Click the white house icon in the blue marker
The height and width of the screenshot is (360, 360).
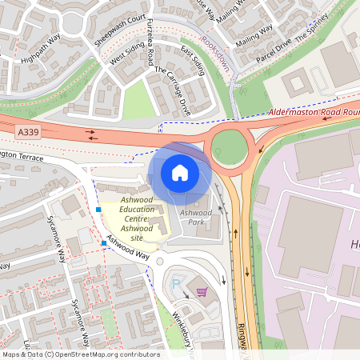point(179,172)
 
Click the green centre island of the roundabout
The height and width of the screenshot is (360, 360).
point(229,146)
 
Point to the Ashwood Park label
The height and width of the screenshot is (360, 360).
point(195,218)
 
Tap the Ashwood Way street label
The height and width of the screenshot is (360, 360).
point(129,247)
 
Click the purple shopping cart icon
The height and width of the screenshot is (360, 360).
point(201,292)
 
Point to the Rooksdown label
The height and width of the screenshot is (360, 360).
point(215,53)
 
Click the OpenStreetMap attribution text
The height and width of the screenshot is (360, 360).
point(81,354)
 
